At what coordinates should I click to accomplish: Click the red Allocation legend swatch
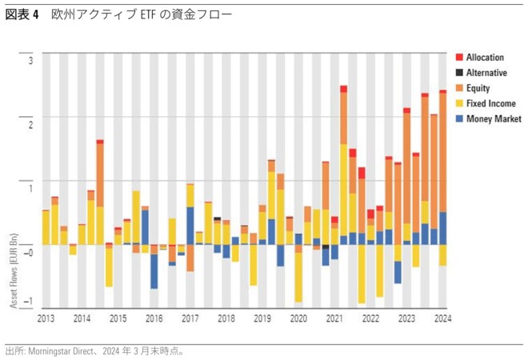click(459, 58)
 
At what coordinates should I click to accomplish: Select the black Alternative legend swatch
click(459, 73)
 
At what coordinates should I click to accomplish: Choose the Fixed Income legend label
click(490, 103)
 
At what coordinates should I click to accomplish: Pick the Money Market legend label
click(494, 118)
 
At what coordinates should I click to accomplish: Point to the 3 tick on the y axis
click(31, 61)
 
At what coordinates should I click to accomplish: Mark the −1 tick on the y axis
click(30, 302)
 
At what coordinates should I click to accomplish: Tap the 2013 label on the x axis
click(46, 319)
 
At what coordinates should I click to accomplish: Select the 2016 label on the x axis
click(154, 319)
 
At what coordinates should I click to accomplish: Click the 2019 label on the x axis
click(262, 319)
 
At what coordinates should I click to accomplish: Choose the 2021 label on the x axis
click(334, 319)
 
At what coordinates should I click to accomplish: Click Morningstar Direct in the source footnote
click(61, 350)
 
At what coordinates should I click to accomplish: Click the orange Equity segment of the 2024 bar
click(442, 152)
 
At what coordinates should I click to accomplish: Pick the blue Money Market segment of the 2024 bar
click(442, 228)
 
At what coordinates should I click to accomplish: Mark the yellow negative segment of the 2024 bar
click(442, 254)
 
